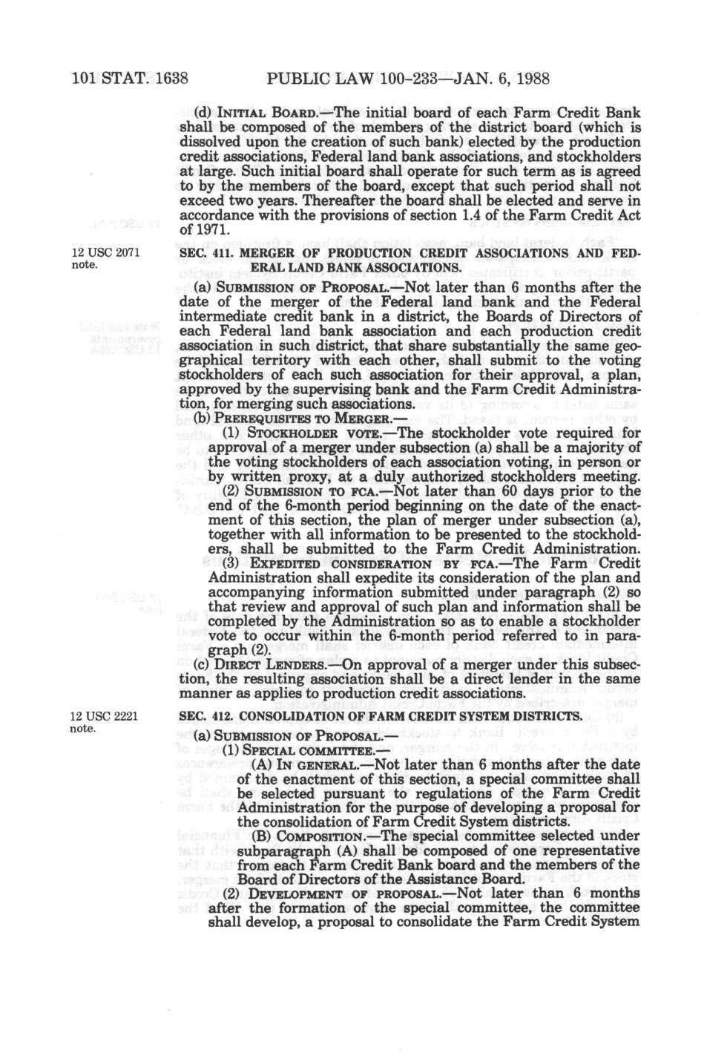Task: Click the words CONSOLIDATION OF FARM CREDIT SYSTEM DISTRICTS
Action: click(412, 716)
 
